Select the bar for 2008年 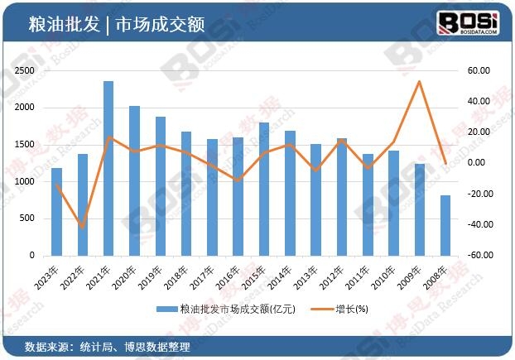445,225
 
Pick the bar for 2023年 56,211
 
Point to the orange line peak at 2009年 420,81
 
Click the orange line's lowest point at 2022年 82,226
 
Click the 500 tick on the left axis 28,218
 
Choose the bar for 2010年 393,203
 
